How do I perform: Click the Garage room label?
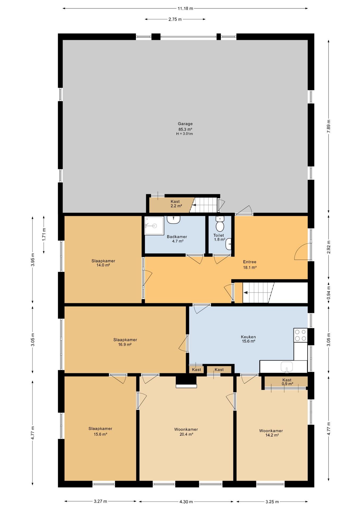click(x=185, y=124)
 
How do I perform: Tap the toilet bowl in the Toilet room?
click(x=220, y=226)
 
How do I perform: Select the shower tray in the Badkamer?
click(x=154, y=226)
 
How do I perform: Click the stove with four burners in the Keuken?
click(x=301, y=335)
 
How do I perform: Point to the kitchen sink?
click(x=287, y=367)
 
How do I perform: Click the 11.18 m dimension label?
click(x=185, y=8)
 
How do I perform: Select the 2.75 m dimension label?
click(x=175, y=19)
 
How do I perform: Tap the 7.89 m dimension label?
click(x=329, y=126)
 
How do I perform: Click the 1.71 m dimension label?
click(x=44, y=235)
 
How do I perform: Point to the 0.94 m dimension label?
click(x=329, y=293)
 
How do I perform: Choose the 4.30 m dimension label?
click(x=186, y=502)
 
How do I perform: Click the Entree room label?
click(x=250, y=262)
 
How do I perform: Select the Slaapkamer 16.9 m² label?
click(x=125, y=342)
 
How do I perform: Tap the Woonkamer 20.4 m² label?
click(x=186, y=432)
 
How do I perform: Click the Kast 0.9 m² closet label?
click(x=287, y=382)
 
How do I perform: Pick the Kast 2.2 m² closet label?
click(x=176, y=204)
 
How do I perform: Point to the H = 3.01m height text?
click(x=184, y=134)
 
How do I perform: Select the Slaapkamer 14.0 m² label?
click(x=103, y=263)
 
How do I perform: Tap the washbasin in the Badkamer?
click(x=174, y=220)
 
